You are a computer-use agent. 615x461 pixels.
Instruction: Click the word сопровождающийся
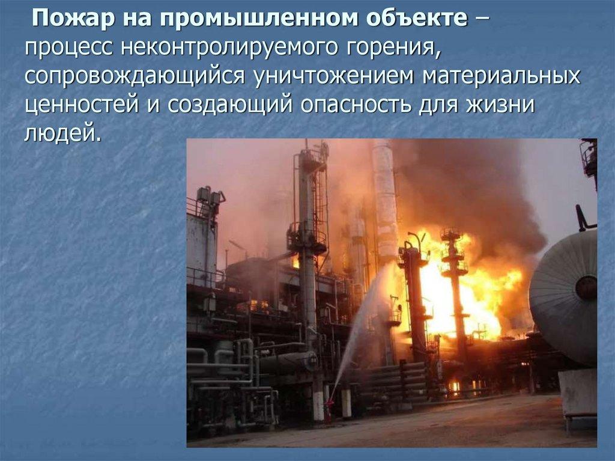134,78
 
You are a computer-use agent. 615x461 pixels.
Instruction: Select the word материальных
499,78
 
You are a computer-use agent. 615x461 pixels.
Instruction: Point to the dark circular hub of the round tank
586,288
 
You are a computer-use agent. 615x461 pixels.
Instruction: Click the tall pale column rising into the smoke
384,192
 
